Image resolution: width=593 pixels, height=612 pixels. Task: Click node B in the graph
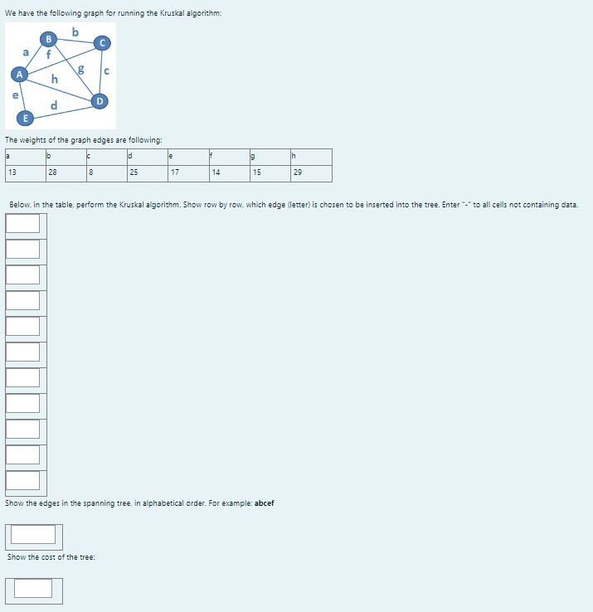coord(48,38)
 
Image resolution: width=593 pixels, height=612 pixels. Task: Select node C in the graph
coord(102,42)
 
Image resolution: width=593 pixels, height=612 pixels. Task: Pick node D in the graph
coord(100,101)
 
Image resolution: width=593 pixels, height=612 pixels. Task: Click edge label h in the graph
coord(54,80)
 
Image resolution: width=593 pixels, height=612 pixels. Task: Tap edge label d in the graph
coord(54,105)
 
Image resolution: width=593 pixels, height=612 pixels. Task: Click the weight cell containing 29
coord(310,173)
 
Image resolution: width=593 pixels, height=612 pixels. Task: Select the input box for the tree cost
coord(33,588)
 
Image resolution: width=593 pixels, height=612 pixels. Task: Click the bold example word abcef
coord(260,503)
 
